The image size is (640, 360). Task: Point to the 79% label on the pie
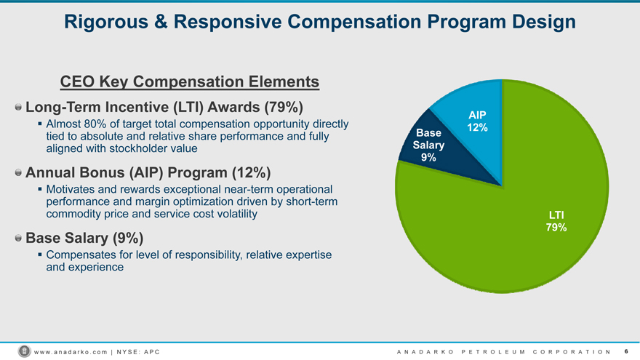(556, 228)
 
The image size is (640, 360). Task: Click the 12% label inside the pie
(477, 128)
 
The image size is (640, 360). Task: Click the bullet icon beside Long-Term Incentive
(18, 107)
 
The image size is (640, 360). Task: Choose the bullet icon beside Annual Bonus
(18, 173)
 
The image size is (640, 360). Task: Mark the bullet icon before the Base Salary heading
(18, 238)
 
